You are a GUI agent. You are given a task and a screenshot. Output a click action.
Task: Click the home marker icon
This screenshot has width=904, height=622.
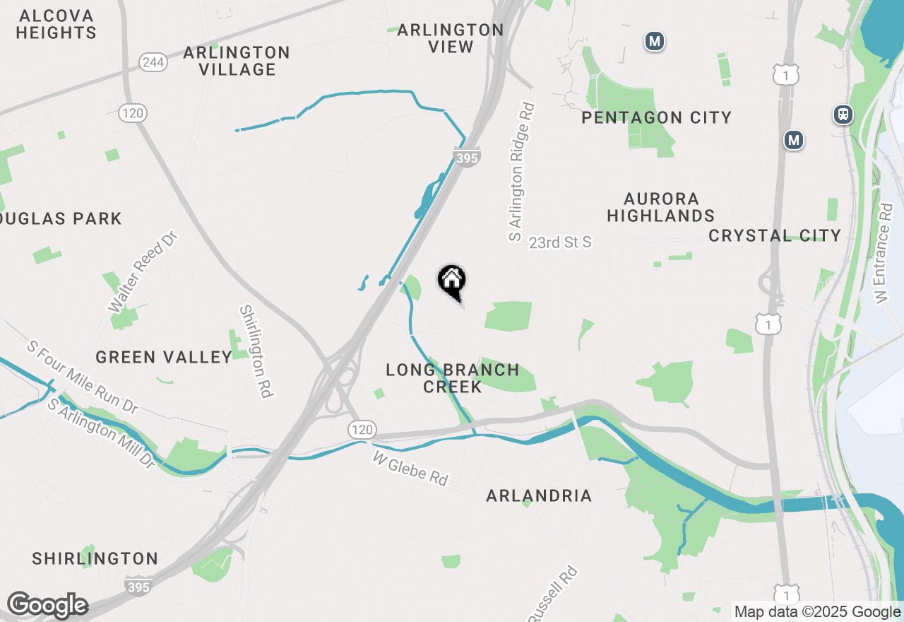click(452, 281)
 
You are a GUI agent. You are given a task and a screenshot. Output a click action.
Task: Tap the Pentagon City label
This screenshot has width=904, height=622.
click(656, 117)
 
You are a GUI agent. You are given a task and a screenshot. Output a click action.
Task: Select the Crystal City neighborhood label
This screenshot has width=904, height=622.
click(775, 235)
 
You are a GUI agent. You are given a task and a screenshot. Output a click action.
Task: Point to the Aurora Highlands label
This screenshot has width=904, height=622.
click(661, 207)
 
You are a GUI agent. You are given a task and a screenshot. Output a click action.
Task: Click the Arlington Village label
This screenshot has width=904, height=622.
click(237, 61)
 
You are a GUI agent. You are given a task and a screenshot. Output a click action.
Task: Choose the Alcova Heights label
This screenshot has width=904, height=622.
click(56, 24)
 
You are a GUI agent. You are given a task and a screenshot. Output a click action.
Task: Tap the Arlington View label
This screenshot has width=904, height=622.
click(450, 38)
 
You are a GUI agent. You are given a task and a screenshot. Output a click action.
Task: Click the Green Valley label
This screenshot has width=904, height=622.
click(164, 357)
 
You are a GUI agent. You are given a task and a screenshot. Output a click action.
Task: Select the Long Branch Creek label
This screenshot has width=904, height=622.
click(453, 378)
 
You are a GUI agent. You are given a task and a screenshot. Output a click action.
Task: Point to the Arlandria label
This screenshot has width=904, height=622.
click(539, 495)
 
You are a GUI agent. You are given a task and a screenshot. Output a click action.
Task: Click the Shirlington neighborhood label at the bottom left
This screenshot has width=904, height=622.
click(95, 558)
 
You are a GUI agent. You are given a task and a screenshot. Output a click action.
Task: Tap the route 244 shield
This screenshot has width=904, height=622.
click(153, 62)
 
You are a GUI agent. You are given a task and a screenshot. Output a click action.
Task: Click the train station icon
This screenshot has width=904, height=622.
click(843, 115)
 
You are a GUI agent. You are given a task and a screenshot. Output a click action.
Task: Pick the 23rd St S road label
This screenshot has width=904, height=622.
click(560, 242)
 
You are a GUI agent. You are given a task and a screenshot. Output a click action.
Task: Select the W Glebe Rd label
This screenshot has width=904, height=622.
click(410, 469)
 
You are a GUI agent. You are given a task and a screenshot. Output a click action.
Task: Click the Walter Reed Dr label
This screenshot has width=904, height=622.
click(141, 271)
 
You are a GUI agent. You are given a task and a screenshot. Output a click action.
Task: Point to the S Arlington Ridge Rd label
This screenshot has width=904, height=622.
click(522, 172)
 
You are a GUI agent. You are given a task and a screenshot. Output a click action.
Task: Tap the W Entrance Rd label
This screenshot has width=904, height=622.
click(883, 254)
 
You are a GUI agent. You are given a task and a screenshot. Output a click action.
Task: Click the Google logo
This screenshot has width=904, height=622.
click(47, 605)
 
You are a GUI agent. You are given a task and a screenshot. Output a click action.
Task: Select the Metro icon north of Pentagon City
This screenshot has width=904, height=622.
click(655, 42)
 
